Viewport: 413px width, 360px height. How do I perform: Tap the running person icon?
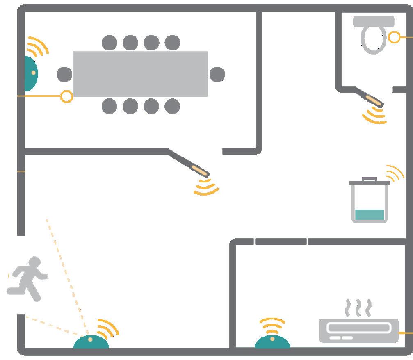[x=27, y=279]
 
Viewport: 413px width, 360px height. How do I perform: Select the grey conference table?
[x=141, y=74]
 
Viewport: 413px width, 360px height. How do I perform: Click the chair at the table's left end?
[x=64, y=74]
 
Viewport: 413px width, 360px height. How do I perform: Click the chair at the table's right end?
[x=217, y=74]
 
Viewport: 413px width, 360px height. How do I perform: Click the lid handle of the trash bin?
[x=370, y=179]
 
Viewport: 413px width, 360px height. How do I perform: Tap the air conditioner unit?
[x=358, y=330]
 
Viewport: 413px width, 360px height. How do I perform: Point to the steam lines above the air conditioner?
[x=358, y=308]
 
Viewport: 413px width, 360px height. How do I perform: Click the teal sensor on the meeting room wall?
[x=30, y=73]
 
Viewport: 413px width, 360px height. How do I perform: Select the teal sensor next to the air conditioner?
[x=272, y=342]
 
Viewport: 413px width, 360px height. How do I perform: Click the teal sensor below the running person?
[x=91, y=342]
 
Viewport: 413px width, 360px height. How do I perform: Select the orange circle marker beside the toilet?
[x=394, y=37]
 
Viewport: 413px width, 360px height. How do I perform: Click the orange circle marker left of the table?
[x=66, y=97]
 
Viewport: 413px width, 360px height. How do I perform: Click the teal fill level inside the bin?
[x=370, y=214]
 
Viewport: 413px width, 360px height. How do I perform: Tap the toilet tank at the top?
[x=373, y=21]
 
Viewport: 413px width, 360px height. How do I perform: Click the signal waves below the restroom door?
[x=374, y=115]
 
